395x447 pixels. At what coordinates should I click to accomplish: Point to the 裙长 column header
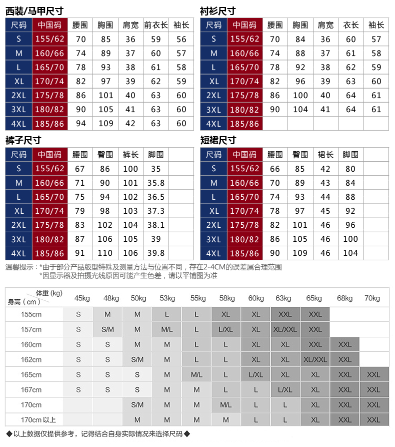point(325,155)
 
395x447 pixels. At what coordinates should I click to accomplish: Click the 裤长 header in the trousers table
point(130,155)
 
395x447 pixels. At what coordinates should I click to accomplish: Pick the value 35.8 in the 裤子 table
point(156,183)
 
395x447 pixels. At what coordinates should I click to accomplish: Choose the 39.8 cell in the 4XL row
point(156,253)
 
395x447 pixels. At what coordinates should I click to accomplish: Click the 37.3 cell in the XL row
point(156,211)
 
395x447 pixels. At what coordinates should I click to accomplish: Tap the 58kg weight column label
point(226,299)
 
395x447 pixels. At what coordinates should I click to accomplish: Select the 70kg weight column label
point(372,299)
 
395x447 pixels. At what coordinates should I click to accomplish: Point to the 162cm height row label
point(31,360)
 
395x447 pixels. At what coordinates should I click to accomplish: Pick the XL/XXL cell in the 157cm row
point(285,330)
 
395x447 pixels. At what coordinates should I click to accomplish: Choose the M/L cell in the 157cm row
point(167,330)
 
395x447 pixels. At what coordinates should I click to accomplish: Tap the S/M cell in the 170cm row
point(137,405)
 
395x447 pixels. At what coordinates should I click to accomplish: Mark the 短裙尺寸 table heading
point(218,141)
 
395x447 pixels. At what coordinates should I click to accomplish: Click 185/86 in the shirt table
point(244,124)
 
